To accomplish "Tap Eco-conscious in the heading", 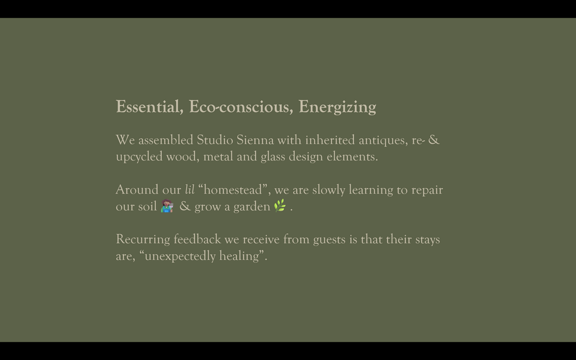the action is tap(241, 107).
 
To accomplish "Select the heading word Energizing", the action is tap(337, 107).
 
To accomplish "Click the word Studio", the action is tap(215, 140).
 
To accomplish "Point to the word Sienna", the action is tap(255, 140).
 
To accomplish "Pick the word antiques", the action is tap(383, 141).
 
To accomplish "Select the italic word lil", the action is tap(190, 190).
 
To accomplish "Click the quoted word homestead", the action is tap(233, 190).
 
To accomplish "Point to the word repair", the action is tap(427, 190).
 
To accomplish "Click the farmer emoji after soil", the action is tap(167, 206).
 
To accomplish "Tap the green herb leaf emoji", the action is tap(280, 206).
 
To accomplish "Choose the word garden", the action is tap(252, 207).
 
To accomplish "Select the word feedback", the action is tap(197, 239).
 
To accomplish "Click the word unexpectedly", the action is tap(180, 256).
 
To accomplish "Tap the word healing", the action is tap(239, 256).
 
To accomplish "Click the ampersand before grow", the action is tap(185, 206).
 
